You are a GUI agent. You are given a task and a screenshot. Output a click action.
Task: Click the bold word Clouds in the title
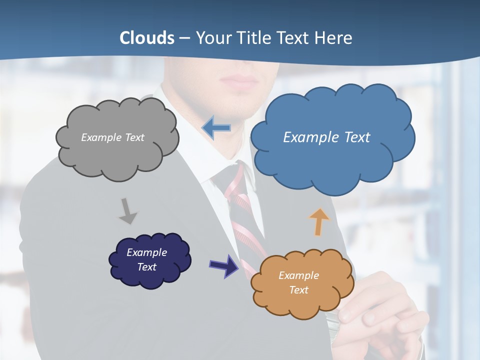click(x=147, y=37)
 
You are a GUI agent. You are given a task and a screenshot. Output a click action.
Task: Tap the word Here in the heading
click(x=335, y=37)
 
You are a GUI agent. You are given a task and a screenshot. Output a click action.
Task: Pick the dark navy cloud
click(x=149, y=260)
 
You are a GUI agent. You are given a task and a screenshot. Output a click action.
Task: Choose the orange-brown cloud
click(x=301, y=283)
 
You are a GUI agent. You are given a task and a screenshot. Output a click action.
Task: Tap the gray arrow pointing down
click(x=128, y=211)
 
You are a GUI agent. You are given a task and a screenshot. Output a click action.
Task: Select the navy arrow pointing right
click(x=224, y=265)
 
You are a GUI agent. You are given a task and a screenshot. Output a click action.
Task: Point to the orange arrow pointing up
click(x=319, y=221)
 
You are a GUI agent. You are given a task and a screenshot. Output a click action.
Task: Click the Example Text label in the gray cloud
click(x=112, y=137)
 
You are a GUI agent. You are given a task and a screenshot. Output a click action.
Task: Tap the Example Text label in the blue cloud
click(x=326, y=137)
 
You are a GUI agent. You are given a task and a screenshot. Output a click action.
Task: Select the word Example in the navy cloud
click(x=146, y=252)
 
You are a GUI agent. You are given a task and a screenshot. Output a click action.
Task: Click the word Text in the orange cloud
click(x=298, y=290)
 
